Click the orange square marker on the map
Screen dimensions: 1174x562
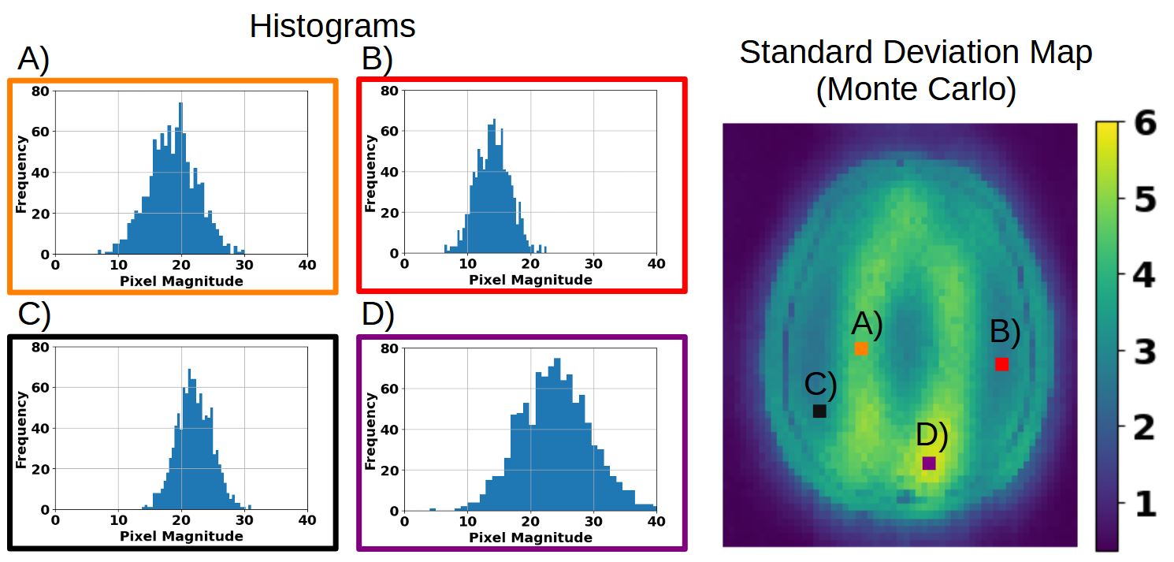click(x=861, y=348)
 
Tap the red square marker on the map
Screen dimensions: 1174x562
click(x=1001, y=364)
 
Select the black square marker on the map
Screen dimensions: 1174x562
click(x=819, y=411)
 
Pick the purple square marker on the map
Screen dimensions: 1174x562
click(x=929, y=463)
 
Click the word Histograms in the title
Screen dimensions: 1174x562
click(x=333, y=26)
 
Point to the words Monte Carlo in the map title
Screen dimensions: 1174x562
click(x=916, y=89)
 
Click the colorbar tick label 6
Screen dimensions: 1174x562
click(x=1145, y=124)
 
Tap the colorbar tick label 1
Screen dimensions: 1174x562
click(x=1146, y=504)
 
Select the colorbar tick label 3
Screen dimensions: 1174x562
click(x=1145, y=352)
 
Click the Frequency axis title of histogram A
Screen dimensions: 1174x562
click(x=21, y=174)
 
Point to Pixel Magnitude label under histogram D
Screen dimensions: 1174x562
click(x=530, y=538)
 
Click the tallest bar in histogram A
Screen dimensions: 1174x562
click(x=180, y=178)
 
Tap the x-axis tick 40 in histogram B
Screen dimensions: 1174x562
click(x=656, y=263)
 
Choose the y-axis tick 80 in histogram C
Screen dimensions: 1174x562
click(x=40, y=347)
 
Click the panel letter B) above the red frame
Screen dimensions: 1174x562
click(x=377, y=58)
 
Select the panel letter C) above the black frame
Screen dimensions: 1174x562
click(x=34, y=314)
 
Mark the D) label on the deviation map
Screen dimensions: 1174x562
click(x=932, y=435)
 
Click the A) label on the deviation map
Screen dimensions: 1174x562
click(x=867, y=324)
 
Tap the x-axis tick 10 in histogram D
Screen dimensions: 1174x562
click(x=467, y=521)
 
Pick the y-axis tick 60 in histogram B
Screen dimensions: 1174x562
click(x=389, y=131)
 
